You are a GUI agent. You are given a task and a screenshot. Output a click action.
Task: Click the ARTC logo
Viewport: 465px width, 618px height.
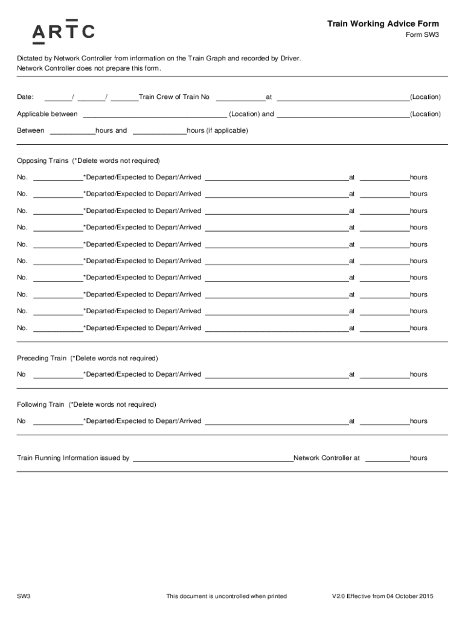coord(63,31)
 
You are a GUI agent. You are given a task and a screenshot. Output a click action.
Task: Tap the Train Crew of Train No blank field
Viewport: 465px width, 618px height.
coord(240,97)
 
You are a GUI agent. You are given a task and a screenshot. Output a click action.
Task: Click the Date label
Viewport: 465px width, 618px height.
coord(25,97)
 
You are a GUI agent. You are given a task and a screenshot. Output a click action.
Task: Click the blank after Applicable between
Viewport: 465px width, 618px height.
coord(155,114)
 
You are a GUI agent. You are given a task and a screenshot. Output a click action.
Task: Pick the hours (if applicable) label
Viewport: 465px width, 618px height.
coord(217,130)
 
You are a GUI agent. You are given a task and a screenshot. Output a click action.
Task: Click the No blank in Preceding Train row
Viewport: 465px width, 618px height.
coord(58,375)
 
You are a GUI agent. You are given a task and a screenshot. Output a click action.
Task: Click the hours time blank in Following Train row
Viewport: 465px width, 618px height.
coord(385,421)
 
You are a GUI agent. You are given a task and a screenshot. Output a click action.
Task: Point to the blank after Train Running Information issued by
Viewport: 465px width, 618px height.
coord(213,458)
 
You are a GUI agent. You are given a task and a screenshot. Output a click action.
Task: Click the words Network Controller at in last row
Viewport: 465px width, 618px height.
coord(326,458)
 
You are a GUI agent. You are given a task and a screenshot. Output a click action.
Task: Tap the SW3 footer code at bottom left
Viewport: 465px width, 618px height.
coord(24,596)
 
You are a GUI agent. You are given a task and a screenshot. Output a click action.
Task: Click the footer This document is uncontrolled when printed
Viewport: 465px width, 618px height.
coord(226,596)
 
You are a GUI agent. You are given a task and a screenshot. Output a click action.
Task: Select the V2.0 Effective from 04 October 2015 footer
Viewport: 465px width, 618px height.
coord(382,596)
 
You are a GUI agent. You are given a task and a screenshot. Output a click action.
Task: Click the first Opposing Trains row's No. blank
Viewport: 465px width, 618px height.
coord(58,177)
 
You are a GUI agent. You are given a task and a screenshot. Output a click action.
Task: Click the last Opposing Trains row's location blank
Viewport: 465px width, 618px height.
coord(277,328)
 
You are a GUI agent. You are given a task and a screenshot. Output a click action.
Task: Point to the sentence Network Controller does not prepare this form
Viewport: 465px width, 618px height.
coord(89,68)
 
